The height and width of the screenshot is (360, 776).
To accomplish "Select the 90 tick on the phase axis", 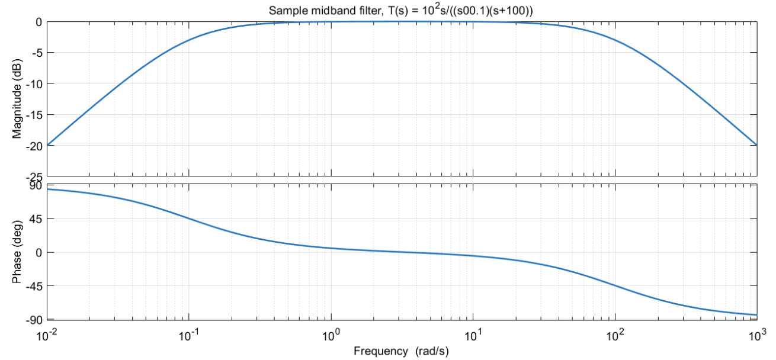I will tap(36, 185).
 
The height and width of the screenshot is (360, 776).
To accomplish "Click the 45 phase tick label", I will tap(36, 219).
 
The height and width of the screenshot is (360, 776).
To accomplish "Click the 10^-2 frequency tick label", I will tap(47, 335).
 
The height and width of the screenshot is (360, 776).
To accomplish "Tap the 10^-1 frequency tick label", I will tap(190, 335).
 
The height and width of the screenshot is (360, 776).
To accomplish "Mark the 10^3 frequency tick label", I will tap(756, 335).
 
